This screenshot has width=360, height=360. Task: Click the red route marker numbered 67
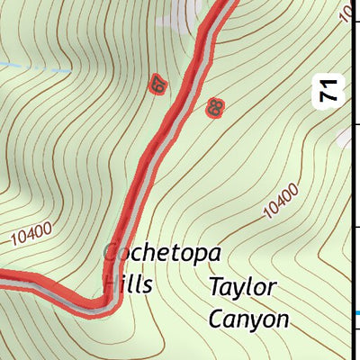[x=159, y=85]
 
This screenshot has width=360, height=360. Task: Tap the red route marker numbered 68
[x=214, y=108]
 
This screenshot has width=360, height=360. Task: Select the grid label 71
[x=329, y=90]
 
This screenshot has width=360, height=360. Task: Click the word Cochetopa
[x=162, y=253]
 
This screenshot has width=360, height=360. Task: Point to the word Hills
[x=127, y=284]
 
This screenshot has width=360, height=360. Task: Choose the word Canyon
[x=248, y=319]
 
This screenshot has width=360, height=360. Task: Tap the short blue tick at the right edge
[x=355, y=312]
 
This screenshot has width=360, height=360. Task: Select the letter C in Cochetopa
[x=112, y=253]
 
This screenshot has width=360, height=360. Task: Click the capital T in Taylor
[x=217, y=288]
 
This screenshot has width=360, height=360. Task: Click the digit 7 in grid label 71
[x=329, y=97]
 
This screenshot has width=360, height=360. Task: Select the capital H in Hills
[x=110, y=284]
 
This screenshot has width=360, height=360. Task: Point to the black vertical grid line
[x=351, y=180]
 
